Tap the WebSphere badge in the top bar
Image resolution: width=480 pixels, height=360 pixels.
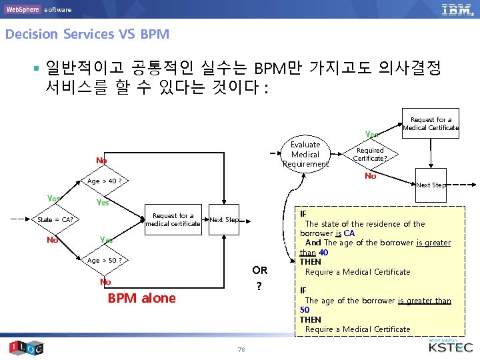(23, 9)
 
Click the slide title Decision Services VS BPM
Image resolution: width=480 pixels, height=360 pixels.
(87, 34)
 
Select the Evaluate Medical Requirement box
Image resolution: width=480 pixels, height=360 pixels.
(305, 155)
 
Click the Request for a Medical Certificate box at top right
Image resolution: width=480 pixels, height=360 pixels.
(431, 123)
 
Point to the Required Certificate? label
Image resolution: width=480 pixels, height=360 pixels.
(369, 155)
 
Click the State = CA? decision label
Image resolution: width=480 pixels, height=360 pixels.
(55, 220)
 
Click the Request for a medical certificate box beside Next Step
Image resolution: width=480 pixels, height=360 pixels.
(173, 219)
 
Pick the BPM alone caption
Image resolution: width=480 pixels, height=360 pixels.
(142, 298)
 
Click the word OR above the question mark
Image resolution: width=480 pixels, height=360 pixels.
(260, 270)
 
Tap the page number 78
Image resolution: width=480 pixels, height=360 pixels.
(240, 349)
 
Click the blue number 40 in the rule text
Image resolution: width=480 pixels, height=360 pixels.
(323, 253)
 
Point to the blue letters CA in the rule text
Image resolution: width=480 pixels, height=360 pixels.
(349, 233)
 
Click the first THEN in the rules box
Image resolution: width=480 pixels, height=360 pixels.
(311, 262)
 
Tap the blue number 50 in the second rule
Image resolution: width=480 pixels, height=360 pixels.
(305, 310)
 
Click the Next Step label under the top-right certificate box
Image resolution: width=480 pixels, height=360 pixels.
(431, 185)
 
